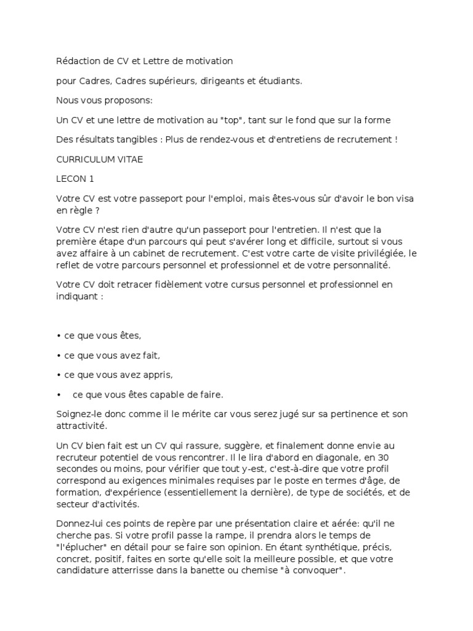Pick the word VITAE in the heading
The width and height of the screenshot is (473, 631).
coord(127,159)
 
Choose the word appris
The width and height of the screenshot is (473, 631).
coord(156,375)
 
